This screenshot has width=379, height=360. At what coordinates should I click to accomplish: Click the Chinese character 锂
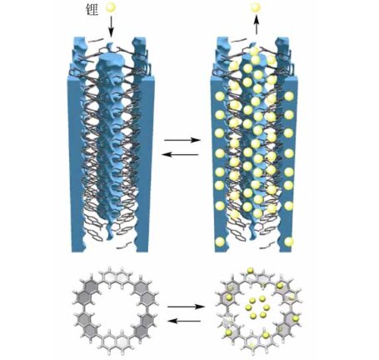(92, 9)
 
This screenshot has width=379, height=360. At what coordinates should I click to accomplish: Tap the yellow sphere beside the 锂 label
(111, 8)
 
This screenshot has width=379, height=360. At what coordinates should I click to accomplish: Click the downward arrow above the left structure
(111, 26)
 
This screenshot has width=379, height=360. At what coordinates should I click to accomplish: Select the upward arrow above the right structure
(256, 24)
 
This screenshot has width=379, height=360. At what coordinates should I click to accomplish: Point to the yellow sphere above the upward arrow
(255, 7)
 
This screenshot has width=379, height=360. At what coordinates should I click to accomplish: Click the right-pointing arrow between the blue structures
(182, 140)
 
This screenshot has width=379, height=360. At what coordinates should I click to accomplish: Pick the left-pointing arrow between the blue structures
(180, 154)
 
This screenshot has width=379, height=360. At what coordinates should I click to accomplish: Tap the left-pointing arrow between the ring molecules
(184, 321)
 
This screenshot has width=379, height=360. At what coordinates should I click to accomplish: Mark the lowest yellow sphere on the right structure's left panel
(220, 242)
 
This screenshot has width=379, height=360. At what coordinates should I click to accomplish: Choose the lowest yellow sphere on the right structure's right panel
(289, 242)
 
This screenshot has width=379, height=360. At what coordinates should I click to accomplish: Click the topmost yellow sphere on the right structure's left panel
(220, 97)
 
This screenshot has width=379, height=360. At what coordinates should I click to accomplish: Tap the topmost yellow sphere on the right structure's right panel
(289, 96)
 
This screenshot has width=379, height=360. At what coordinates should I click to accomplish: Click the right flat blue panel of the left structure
(144, 164)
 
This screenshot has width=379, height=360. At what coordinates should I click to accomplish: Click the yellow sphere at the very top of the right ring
(251, 270)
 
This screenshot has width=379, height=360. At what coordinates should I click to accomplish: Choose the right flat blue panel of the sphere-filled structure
(289, 164)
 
